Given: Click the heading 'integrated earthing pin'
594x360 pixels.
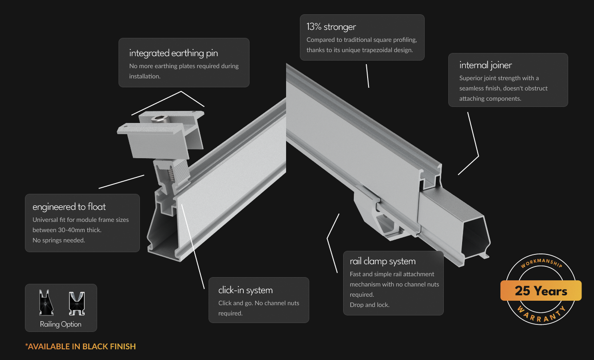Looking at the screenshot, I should coord(173,53).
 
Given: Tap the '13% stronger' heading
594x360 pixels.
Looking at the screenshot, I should coord(331,27).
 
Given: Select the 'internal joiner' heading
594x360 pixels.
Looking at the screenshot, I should coord(486,65).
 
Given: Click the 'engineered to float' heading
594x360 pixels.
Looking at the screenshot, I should coord(69,207).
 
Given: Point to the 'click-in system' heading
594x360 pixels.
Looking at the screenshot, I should coord(245,290).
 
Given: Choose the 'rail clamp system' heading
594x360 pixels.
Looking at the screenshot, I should coord(382,261).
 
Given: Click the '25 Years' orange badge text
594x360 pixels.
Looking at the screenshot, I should coord(541,291).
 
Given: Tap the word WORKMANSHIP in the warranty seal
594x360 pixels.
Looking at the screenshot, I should coord(541,265).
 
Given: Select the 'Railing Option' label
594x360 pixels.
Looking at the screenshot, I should coord(61,324).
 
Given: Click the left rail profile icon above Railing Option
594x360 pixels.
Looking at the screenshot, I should coord(47,303).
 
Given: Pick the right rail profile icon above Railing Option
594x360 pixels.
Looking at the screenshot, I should coord(76,303).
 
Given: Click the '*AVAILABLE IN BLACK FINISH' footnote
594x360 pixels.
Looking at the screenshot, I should coord(81,346).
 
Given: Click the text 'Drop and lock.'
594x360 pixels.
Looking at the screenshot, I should coord(369,305).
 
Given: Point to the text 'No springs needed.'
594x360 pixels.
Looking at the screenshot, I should coord(58,240).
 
